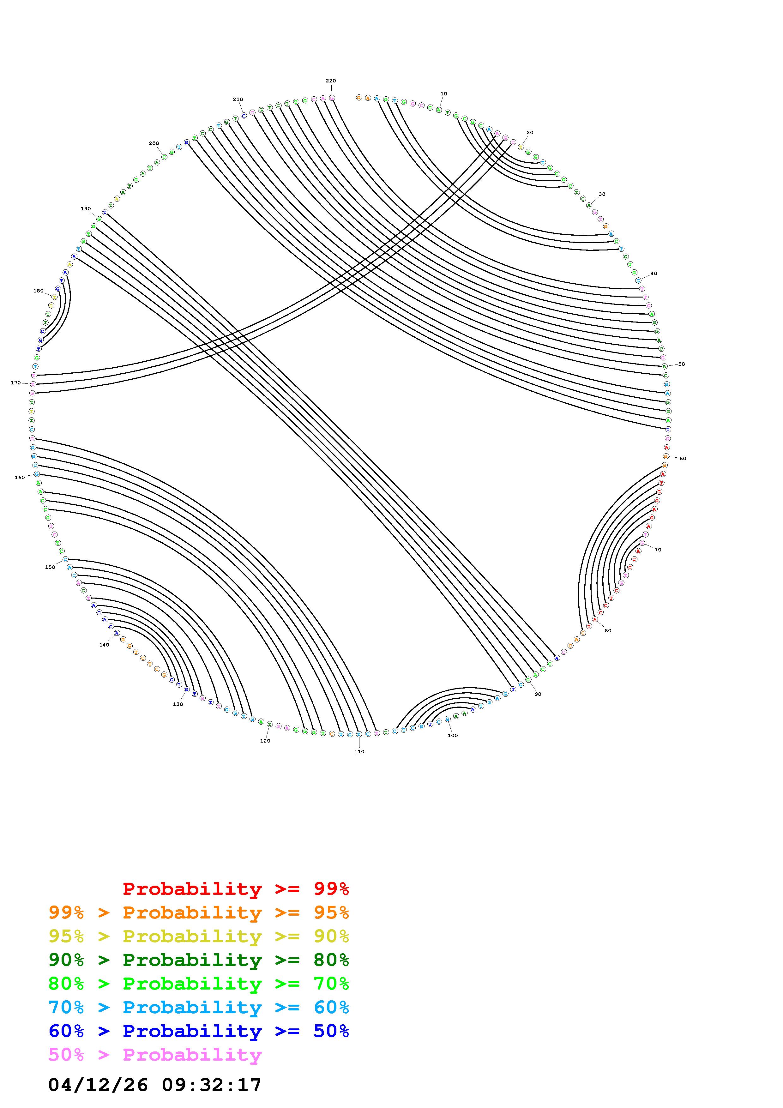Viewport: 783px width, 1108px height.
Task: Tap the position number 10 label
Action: pyautogui.click(x=444, y=93)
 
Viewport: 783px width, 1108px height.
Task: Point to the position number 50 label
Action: pyautogui.click(x=682, y=364)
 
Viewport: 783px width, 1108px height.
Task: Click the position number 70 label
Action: pyautogui.click(x=658, y=550)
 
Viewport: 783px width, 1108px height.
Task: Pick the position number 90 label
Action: pyautogui.click(x=538, y=694)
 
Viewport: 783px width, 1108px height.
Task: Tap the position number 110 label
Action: pyautogui.click(x=359, y=751)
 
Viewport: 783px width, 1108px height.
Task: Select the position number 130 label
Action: pyautogui.click(x=178, y=704)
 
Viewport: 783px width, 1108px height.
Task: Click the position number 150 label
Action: pyautogui.click(x=50, y=567)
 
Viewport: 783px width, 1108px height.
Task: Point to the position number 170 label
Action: pyautogui.click(x=16, y=383)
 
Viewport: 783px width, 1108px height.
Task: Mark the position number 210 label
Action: pyautogui.click(x=238, y=99)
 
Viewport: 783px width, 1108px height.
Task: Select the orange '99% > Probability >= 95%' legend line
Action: pyautogui.click(x=199, y=912)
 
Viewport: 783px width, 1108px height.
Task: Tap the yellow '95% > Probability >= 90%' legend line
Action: pyautogui.click(x=199, y=936)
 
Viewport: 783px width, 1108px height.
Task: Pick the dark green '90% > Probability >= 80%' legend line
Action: pyautogui.click(x=199, y=960)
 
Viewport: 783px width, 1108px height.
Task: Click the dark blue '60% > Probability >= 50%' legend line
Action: pyautogui.click(x=199, y=1031)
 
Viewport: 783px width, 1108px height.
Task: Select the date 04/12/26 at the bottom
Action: pyautogui.click(x=98, y=1084)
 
